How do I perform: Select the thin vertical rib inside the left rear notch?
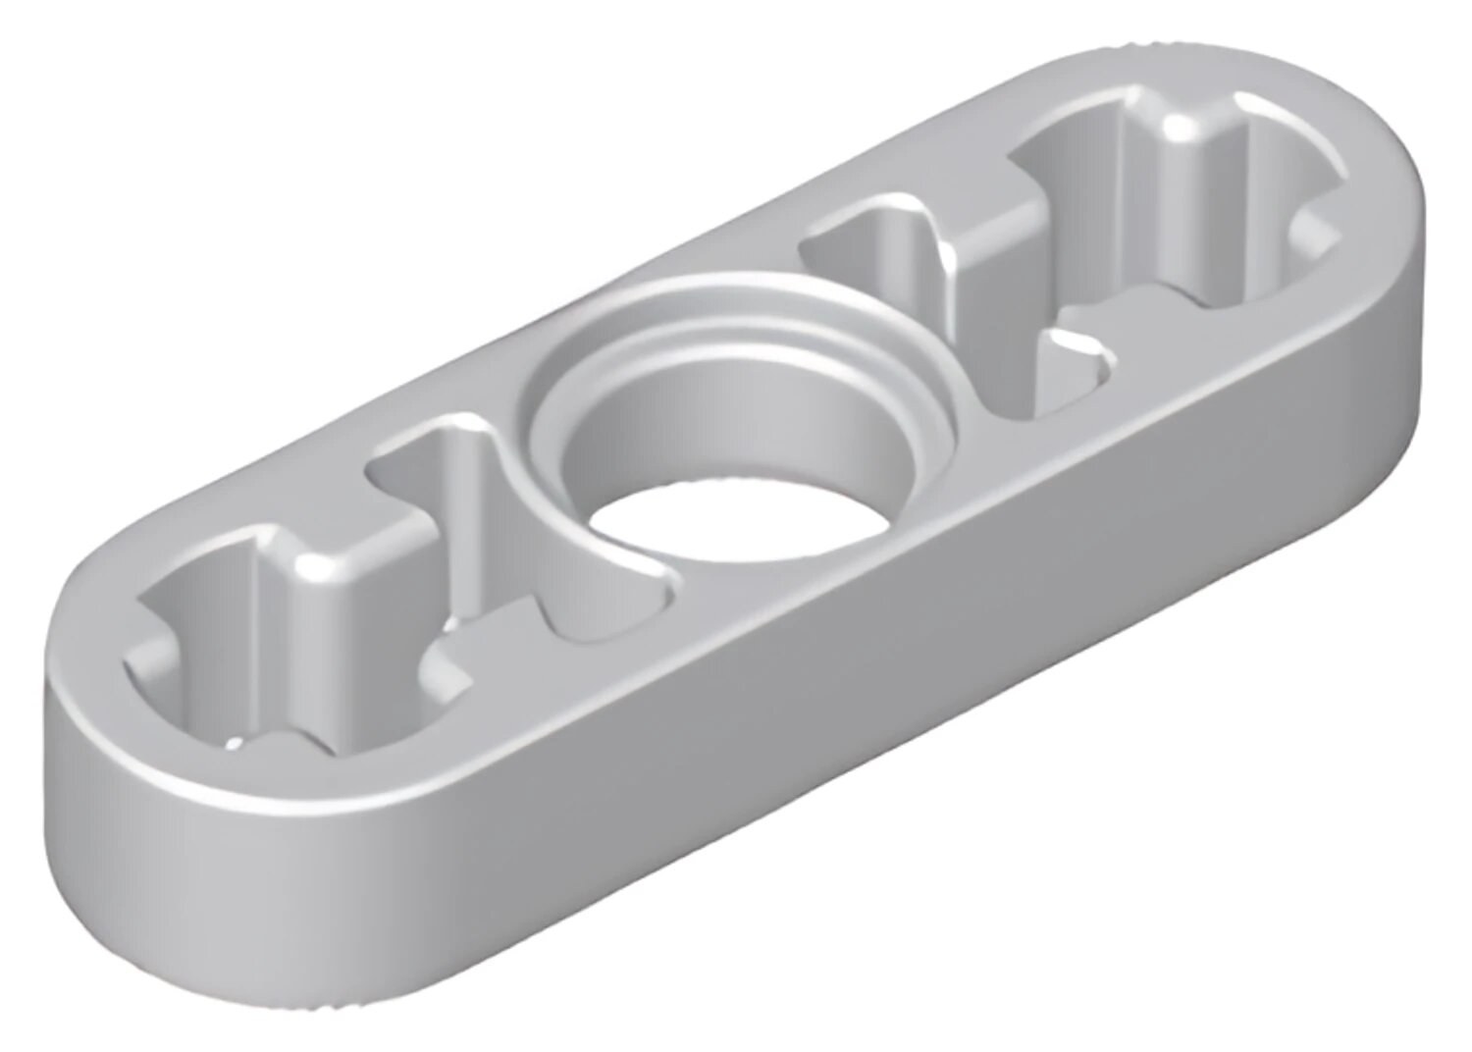[461, 491]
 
